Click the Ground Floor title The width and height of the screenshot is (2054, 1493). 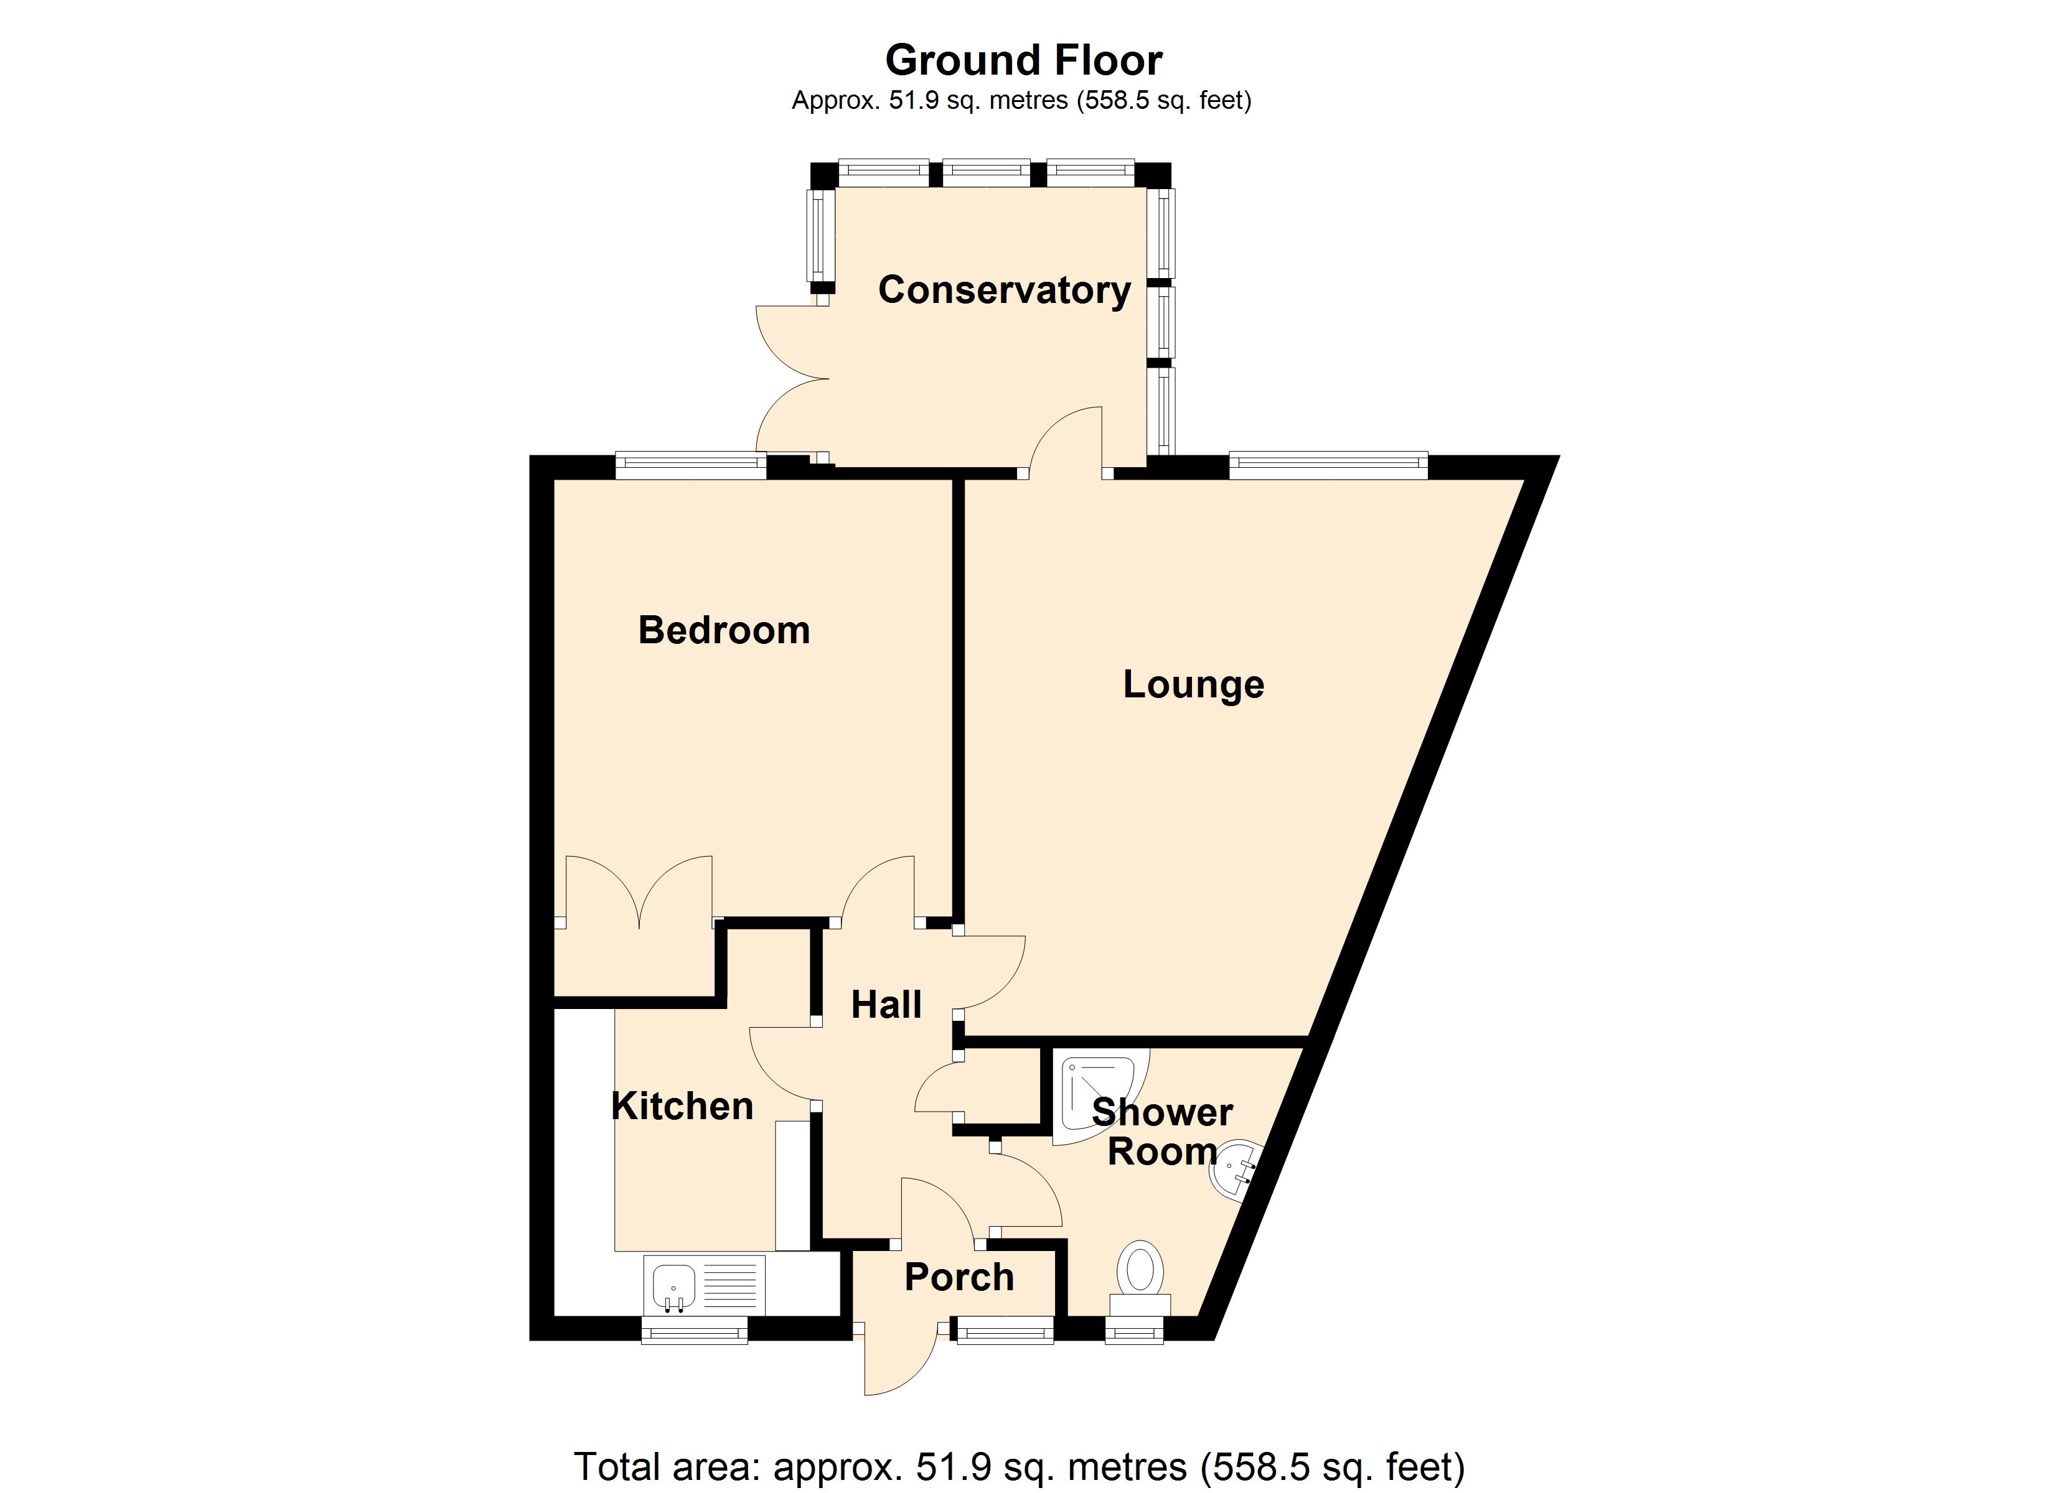tap(1023, 61)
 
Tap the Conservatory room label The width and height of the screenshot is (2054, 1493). tap(1005, 290)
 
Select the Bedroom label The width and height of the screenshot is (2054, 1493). tap(724, 630)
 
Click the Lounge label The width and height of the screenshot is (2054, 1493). tap(1193, 684)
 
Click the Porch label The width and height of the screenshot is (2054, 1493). tap(958, 1278)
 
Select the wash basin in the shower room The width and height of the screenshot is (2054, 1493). tap(1232, 1171)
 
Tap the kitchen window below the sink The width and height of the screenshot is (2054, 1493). tap(695, 1329)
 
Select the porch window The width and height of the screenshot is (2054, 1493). tap(1005, 1329)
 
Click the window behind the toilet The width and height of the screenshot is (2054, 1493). tap(1134, 1329)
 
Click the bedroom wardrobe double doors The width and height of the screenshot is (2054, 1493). tap(639, 892)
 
